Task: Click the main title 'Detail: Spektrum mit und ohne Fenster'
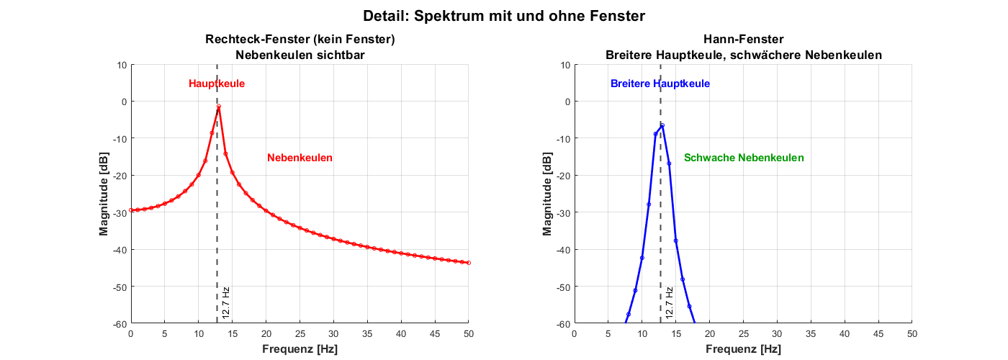tap(504, 15)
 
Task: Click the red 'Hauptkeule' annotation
tap(217, 84)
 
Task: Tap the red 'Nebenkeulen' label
tap(300, 158)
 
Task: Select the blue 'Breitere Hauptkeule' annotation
tap(660, 84)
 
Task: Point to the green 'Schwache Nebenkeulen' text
tap(744, 158)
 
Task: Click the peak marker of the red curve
tap(218, 107)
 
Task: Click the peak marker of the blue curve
tap(662, 125)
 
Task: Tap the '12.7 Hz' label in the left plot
tap(226, 302)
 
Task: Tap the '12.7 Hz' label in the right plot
tap(670, 302)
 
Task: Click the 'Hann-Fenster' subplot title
tap(743, 40)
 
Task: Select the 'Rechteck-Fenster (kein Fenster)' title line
tap(300, 40)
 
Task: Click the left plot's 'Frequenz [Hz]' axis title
tap(300, 349)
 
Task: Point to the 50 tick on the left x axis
tap(469, 334)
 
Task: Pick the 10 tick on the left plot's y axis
tap(121, 65)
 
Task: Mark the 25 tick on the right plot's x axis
tap(743, 334)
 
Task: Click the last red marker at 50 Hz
tap(469, 263)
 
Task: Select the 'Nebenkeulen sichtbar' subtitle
tap(300, 55)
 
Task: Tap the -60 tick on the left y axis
tap(119, 324)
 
